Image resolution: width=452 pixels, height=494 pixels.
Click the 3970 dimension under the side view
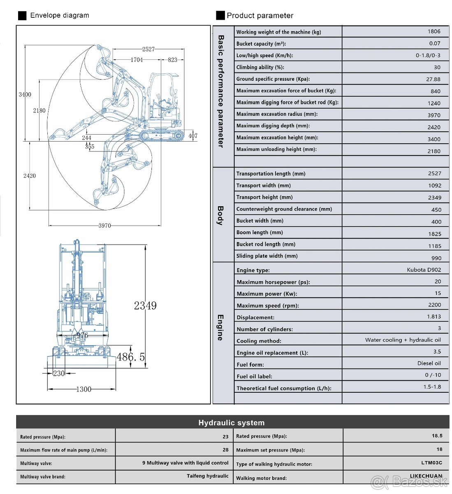click(104, 226)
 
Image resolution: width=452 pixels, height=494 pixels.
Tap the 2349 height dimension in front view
click(145, 305)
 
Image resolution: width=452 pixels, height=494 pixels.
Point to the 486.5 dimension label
click(130, 357)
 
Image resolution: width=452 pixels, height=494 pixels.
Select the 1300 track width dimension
click(83, 389)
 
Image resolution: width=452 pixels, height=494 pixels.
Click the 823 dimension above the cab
click(172, 60)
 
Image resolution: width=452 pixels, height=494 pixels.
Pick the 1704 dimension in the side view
click(137, 60)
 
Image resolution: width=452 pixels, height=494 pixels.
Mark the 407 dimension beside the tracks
click(193, 135)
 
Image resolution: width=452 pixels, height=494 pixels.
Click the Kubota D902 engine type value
click(424, 270)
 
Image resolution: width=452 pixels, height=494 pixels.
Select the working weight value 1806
click(433, 31)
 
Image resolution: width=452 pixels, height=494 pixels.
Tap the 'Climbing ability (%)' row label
click(260, 67)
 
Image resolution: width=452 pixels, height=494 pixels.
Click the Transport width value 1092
click(434, 186)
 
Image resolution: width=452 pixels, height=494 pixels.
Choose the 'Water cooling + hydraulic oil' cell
click(403, 340)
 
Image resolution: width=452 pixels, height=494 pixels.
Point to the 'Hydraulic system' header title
click(231, 423)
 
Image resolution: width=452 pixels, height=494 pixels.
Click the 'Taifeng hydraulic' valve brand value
click(207, 476)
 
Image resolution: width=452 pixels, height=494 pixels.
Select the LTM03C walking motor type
click(431, 463)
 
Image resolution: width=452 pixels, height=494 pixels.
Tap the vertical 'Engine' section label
click(220, 327)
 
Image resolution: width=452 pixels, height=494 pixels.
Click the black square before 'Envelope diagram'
click(22, 16)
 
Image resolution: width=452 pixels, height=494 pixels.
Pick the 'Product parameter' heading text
click(260, 16)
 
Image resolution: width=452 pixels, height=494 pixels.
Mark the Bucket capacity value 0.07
click(434, 43)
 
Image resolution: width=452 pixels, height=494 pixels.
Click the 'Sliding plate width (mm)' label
click(267, 256)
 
